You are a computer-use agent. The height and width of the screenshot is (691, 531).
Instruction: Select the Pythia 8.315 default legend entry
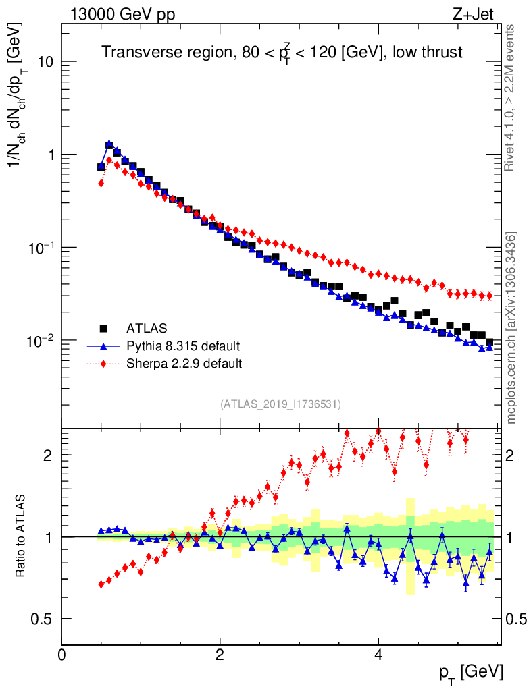pos(182,346)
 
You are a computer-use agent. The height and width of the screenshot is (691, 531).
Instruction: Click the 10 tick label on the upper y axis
pos(45,62)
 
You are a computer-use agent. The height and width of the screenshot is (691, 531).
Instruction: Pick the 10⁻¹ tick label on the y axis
pos(39,247)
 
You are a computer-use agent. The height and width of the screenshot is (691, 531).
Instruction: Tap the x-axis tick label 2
pos(220,654)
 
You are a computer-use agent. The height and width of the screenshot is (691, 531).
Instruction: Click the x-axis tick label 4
pos(378,654)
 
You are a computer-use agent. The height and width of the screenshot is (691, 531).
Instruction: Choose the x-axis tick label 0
pos(62,654)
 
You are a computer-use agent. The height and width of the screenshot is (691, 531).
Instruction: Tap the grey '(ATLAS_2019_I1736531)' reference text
pos(280,404)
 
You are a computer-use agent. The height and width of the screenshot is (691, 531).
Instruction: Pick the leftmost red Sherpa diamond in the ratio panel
pos(101,584)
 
